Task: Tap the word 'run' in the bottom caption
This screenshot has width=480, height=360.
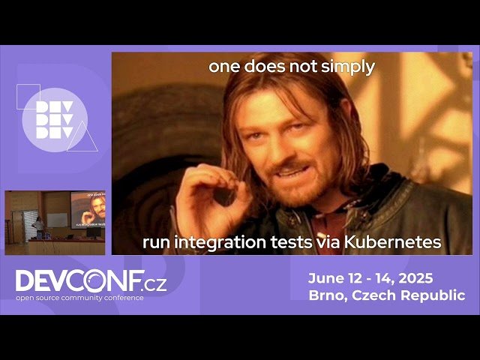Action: coord(156,242)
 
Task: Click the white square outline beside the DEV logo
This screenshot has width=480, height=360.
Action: coord(28,97)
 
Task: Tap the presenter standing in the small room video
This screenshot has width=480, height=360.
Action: coord(37,226)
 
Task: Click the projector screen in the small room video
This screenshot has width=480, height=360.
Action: coord(87,209)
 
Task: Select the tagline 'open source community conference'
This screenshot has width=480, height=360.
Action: coord(79,298)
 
